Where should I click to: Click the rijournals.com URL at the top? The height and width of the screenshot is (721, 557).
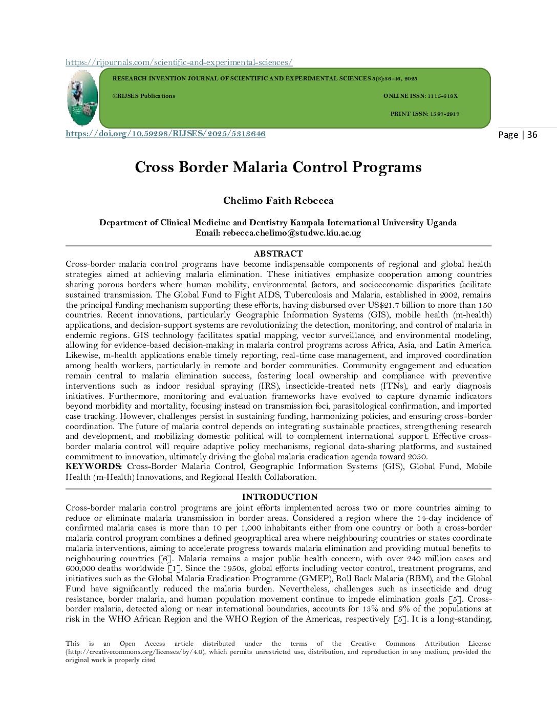point(179,62)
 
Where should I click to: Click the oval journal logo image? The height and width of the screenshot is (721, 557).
point(82,98)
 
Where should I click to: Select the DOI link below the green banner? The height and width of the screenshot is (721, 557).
point(165,134)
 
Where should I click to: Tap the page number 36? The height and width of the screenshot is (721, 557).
point(532,135)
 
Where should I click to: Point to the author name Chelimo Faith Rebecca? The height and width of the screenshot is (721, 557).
point(278,201)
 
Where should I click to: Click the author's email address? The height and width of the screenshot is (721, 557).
point(291,232)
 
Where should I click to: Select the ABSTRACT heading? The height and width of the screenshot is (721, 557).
point(278,253)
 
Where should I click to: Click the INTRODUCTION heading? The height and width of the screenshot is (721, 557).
point(280,497)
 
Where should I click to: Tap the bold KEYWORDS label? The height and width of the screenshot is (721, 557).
point(93,466)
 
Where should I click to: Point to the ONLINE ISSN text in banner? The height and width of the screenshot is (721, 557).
point(420,96)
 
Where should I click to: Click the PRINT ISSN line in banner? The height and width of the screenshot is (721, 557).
point(424,114)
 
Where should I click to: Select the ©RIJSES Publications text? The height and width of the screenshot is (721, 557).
point(144,96)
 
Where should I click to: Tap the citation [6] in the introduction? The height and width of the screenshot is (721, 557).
point(165,559)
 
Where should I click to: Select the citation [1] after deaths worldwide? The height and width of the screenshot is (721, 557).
point(173,568)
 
